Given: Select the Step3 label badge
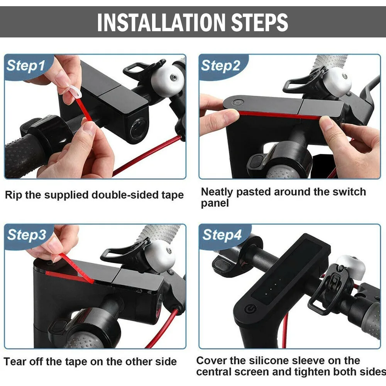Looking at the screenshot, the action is pos(27,235).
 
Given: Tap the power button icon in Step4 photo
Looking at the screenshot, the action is pos(251,309).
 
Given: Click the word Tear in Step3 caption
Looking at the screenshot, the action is pos(15,362).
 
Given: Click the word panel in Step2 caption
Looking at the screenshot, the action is pos(215,203).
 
